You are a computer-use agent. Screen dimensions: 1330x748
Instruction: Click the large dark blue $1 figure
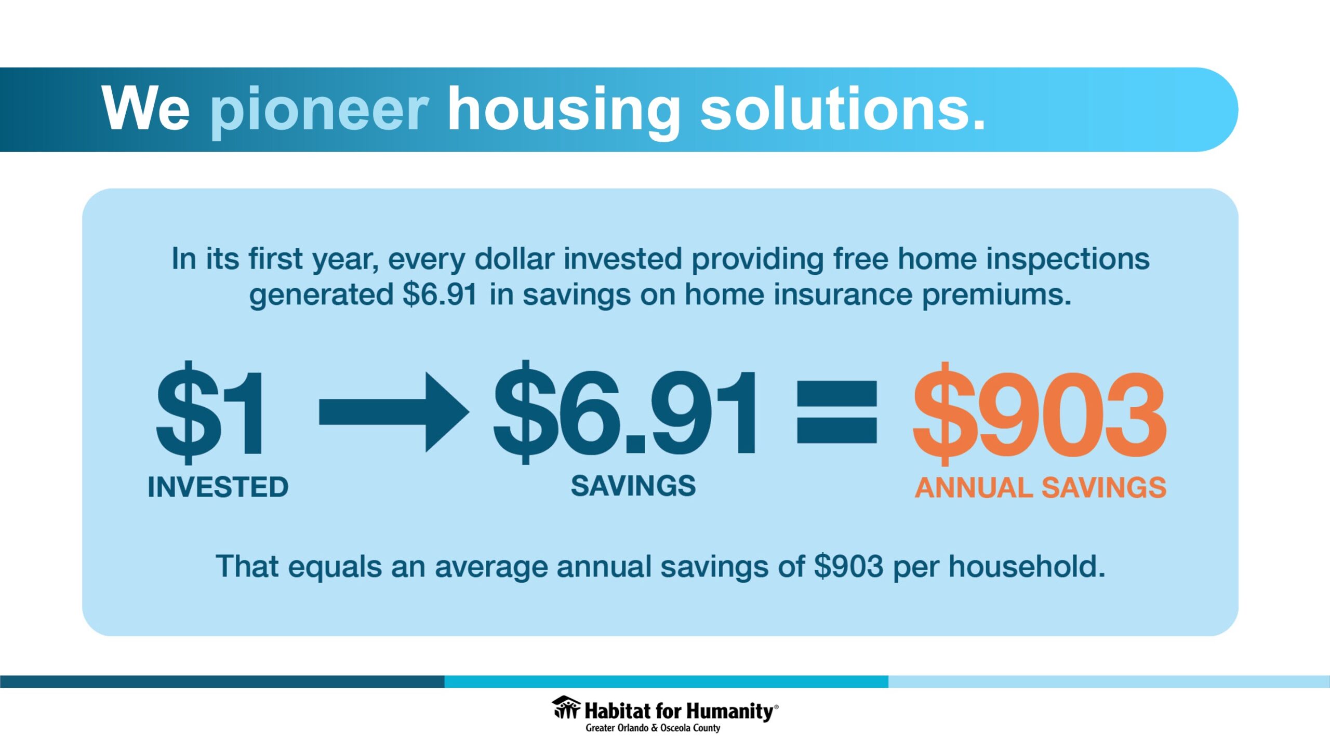pos(210,412)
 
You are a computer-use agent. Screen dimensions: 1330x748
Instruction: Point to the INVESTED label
pos(218,487)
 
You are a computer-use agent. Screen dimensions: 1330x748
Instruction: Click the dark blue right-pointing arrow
pos(394,412)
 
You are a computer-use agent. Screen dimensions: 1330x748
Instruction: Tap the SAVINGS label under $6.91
pos(633,486)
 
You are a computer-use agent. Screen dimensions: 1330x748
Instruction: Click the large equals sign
pos(836,412)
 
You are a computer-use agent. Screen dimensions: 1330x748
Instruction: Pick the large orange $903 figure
pos(1040,413)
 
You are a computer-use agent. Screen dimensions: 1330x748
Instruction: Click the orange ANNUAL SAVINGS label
pos(1041,488)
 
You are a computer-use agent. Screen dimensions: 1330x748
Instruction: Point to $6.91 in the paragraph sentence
pos(440,295)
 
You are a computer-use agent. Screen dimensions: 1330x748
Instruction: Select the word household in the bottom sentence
pos(1027,566)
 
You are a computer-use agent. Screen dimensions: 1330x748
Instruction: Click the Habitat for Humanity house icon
pos(566,707)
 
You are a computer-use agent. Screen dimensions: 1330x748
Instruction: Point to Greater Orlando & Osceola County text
pos(653,728)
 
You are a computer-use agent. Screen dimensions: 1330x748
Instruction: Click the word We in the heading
pos(146,109)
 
